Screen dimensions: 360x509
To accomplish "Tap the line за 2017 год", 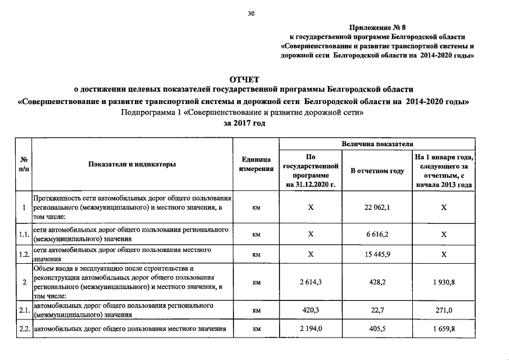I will [x=244, y=123].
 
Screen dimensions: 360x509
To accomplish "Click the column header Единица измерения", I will [x=256, y=164].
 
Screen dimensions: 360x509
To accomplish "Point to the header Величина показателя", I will [x=377, y=145].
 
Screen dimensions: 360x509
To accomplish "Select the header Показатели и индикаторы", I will [x=132, y=164].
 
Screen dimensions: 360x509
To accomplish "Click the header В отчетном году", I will [x=377, y=170].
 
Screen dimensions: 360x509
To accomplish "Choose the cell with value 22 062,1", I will [x=377, y=208].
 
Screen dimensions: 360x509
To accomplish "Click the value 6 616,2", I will [x=377, y=235].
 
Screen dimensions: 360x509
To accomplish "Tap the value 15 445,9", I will [x=377, y=254].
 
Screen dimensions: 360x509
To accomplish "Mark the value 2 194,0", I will [x=310, y=329].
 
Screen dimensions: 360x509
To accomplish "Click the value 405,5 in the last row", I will [x=377, y=329].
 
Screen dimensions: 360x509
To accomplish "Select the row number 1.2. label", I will [x=24, y=254].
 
